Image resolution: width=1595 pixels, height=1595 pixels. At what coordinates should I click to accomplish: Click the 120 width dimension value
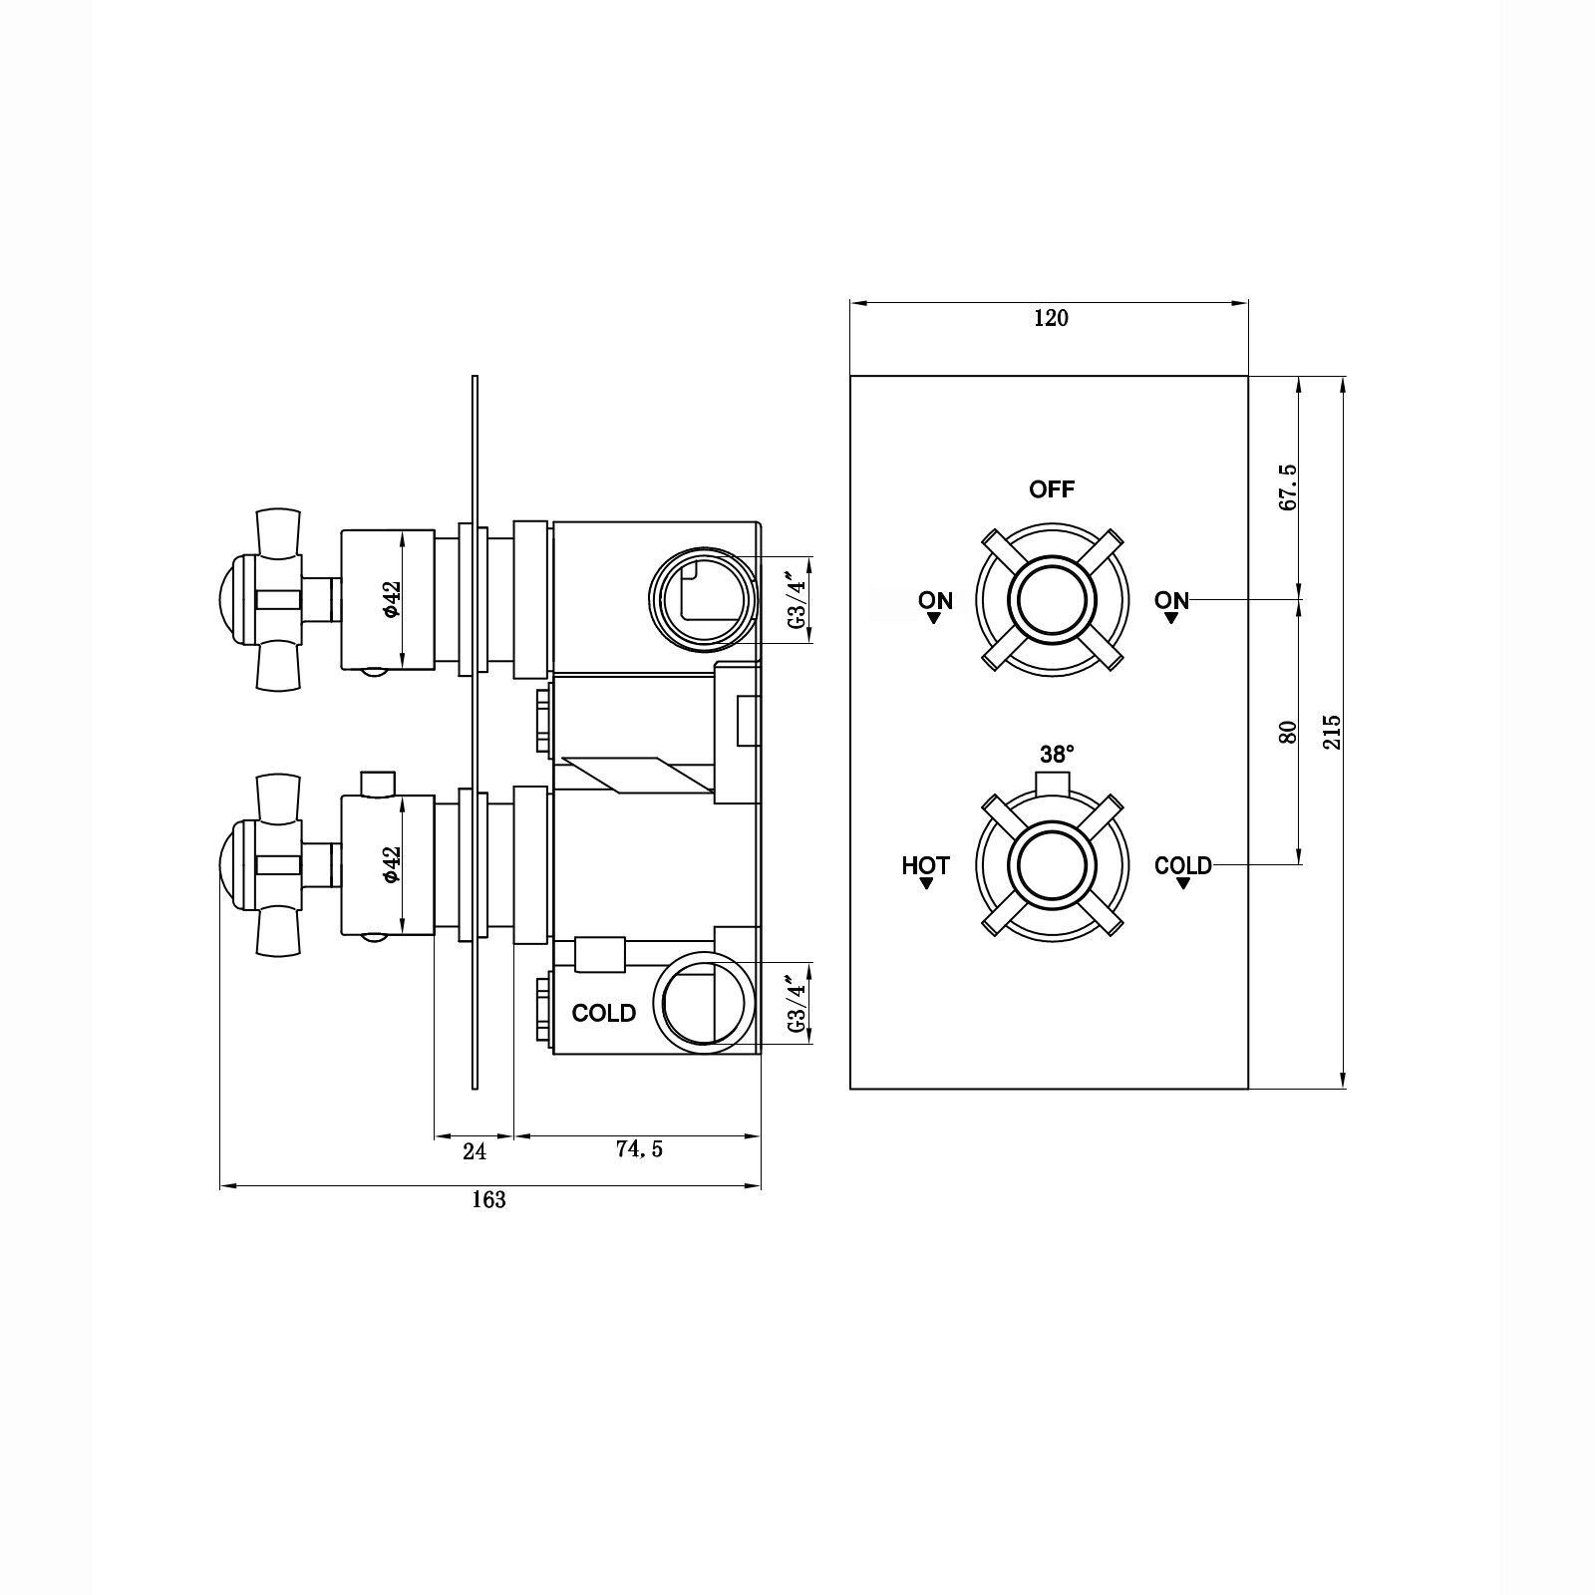coord(1051,318)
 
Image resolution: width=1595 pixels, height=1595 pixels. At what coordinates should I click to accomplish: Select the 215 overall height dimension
coord(1333,732)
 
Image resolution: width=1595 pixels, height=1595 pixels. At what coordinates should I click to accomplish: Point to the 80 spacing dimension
coord(1287,732)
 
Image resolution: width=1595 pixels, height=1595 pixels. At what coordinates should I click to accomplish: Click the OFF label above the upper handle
coord(1052,489)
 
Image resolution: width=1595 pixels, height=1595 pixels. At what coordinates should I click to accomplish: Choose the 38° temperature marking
coord(1057,754)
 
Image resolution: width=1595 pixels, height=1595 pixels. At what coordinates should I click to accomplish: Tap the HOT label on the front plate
coord(926,865)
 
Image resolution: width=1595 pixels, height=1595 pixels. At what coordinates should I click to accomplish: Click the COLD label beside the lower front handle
coord(1183,865)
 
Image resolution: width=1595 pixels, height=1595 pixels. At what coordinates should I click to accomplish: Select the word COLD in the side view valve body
coord(604,1013)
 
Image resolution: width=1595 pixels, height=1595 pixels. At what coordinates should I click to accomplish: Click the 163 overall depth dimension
coord(488,1200)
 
